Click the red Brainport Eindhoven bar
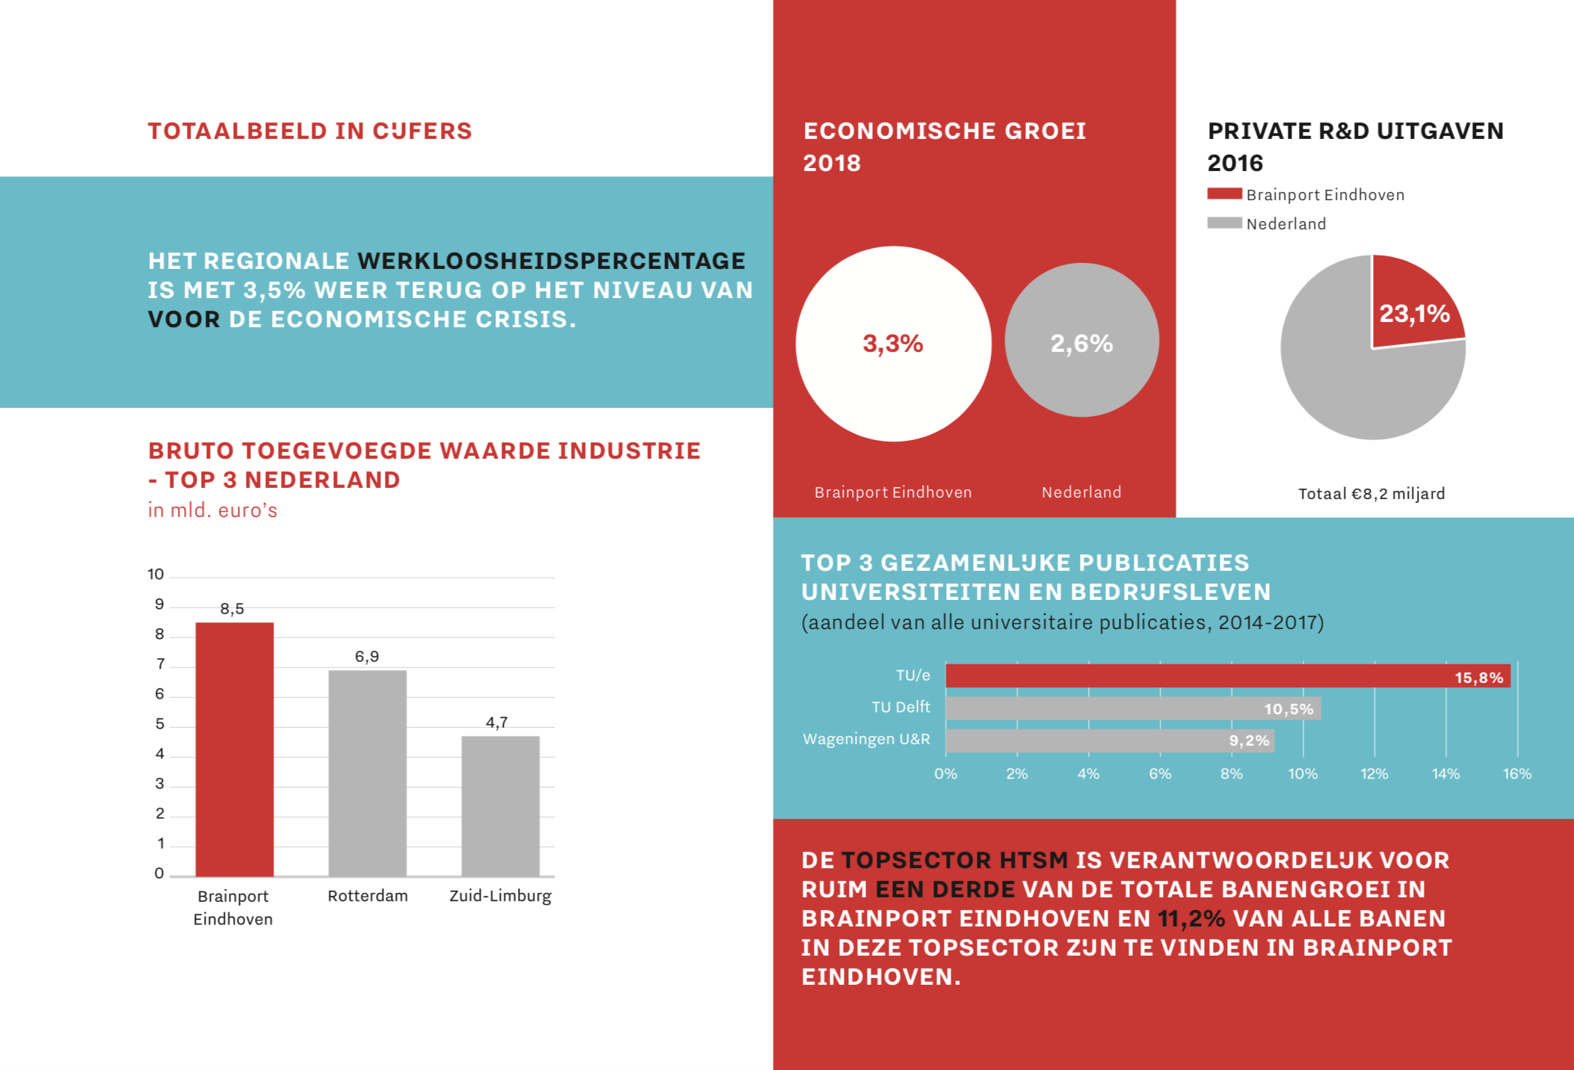pyautogui.click(x=234, y=749)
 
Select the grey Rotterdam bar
pyautogui.click(x=367, y=773)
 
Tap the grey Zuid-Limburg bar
pyautogui.click(x=500, y=805)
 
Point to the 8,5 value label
pyautogui.click(x=232, y=609)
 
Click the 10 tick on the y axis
pyautogui.click(x=155, y=575)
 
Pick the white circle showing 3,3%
pyautogui.click(x=893, y=344)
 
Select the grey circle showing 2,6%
pyautogui.click(x=1081, y=341)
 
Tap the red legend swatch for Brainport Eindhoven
pyautogui.click(x=1224, y=194)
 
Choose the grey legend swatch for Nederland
pyautogui.click(x=1224, y=223)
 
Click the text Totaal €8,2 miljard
pyautogui.click(x=1371, y=494)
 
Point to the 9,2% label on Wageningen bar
pyautogui.click(x=1249, y=740)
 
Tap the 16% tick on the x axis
pyautogui.click(x=1516, y=774)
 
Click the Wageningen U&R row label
pyautogui.click(x=866, y=739)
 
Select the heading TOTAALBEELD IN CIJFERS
pyautogui.click(x=309, y=132)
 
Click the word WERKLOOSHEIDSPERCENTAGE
pyautogui.click(x=551, y=261)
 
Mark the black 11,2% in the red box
pyautogui.click(x=1191, y=918)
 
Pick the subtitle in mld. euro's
pyautogui.click(x=212, y=510)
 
